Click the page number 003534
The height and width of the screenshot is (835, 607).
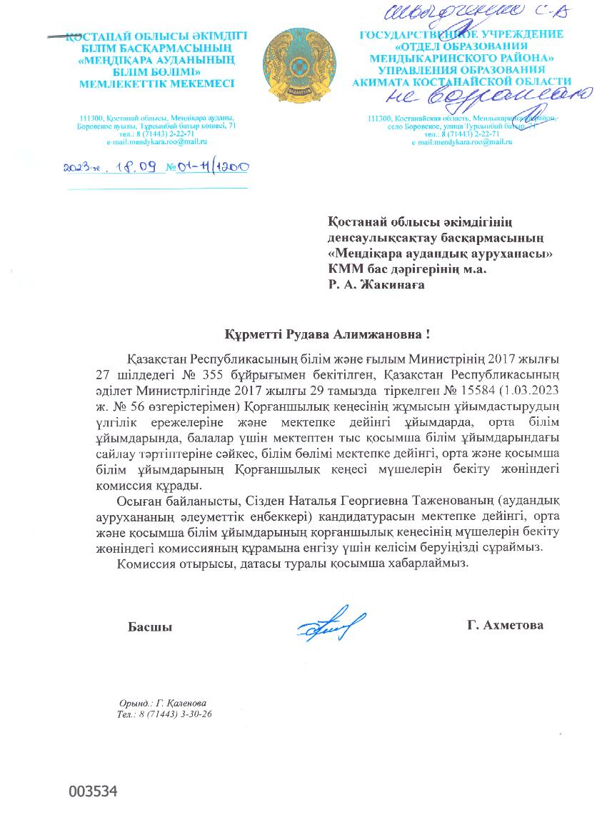[x=92, y=791]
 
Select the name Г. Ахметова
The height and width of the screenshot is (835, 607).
[x=505, y=625]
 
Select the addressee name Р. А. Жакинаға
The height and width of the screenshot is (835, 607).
[x=376, y=284]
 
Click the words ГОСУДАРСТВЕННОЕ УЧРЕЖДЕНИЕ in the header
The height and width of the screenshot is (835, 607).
[x=461, y=34]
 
